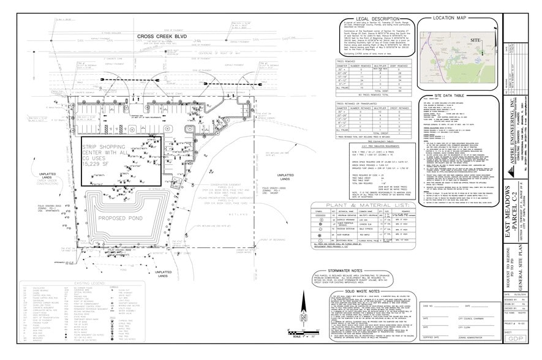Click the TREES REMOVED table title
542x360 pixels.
348,61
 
